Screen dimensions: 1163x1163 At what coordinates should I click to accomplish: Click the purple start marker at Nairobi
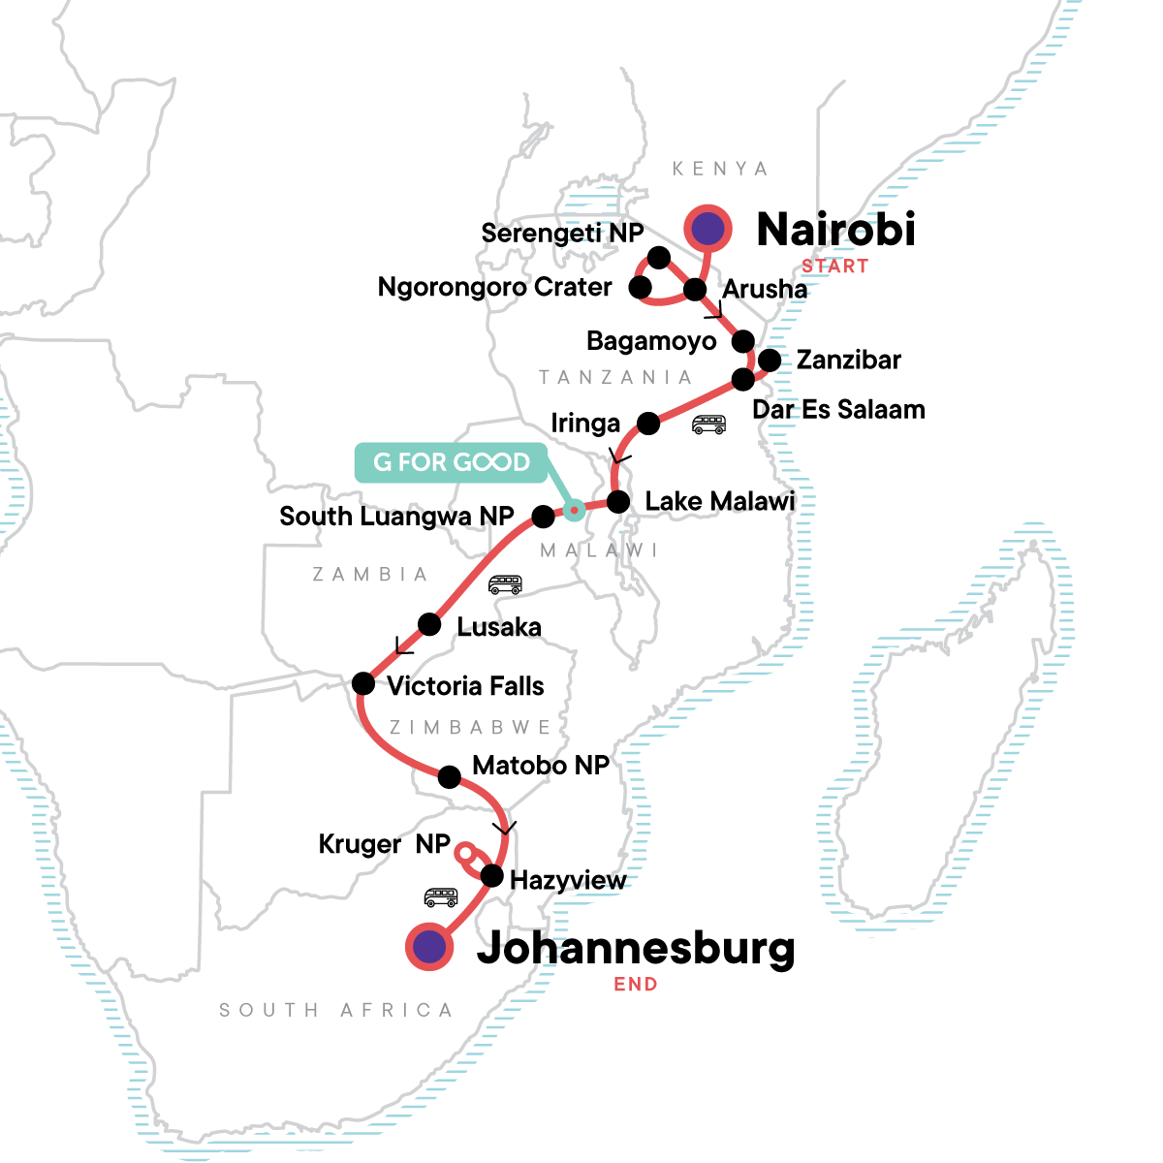coord(708,229)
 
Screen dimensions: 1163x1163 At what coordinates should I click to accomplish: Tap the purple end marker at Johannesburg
coord(429,947)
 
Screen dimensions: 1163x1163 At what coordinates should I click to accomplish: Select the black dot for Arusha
coord(695,290)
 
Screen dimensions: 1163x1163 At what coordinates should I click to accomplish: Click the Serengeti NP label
coord(562,234)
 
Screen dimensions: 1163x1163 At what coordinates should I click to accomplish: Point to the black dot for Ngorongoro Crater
coord(640,287)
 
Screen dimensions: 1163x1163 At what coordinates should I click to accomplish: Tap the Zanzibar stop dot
coord(770,361)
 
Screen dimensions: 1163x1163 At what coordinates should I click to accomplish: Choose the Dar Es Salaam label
coord(838,409)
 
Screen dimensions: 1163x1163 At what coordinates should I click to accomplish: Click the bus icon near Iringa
coord(708,424)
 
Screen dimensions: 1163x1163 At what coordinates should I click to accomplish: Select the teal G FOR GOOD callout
coord(452,462)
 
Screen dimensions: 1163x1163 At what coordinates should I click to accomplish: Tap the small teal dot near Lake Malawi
coord(574,509)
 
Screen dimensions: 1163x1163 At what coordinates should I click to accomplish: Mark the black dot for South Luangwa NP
coord(544,517)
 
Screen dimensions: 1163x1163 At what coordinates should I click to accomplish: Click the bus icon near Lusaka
coord(505,584)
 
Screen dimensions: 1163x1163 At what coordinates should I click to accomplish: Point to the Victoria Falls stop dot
coord(363,684)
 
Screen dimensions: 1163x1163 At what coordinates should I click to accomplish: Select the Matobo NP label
coord(541,766)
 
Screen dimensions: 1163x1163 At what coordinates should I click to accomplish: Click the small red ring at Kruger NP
coord(465,854)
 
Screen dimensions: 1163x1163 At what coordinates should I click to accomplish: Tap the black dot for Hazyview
coord(492,877)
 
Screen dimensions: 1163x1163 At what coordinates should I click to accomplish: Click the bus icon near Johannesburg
coord(441,897)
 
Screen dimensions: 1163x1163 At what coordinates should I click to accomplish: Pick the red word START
coord(834,267)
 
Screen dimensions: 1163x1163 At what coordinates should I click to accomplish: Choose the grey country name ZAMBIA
coord(370,575)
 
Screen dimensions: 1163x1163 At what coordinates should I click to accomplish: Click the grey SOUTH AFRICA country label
coord(336,1010)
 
